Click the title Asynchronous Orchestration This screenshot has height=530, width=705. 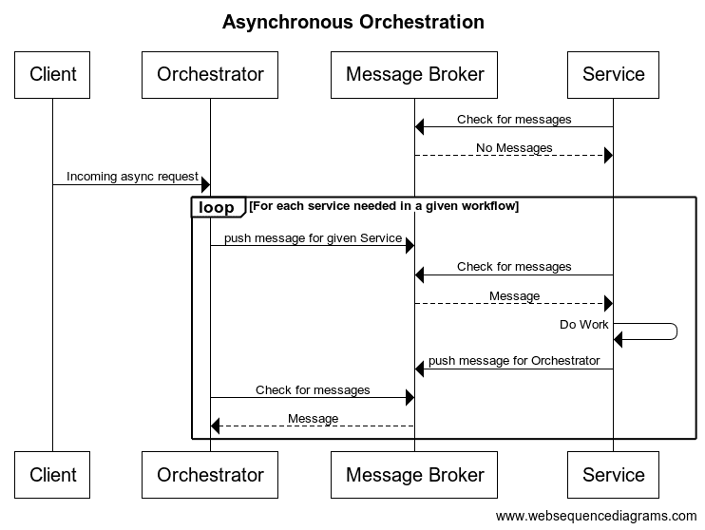pyautogui.click(x=352, y=22)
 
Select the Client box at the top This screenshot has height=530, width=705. pyautogui.click(x=52, y=74)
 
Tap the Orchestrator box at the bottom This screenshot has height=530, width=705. pyautogui.click(x=210, y=475)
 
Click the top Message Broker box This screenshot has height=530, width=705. pyautogui.click(x=414, y=74)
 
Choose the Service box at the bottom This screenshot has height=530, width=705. pyautogui.click(x=613, y=475)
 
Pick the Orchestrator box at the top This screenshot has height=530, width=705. pyautogui.click(x=210, y=74)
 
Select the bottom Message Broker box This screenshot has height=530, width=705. pyautogui.click(x=414, y=475)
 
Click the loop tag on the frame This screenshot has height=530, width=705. pyautogui.click(x=217, y=207)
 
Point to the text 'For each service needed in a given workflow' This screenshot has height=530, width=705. pyautogui.click(x=384, y=206)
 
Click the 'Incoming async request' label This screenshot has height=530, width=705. pyautogui.click(x=132, y=177)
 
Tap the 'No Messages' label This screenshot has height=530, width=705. pyautogui.click(x=514, y=148)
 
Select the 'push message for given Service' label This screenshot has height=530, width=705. pyautogui.click(x=313, y=238)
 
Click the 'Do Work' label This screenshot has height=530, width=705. pyautogui.click(x=583, y=325)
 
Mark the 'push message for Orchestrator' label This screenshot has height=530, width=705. pyautogui.click(x=514, y=361)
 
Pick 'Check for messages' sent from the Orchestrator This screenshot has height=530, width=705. pyautogui.click(x=313, y=390)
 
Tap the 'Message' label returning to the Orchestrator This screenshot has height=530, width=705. pyautogui.click(x=313, y=419)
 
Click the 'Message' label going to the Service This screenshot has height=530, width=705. pyautogui.click(x=514, y=296)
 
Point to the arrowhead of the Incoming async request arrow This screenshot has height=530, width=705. pyautogui.click(x=204, y=184)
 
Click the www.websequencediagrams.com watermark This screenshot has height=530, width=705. pyautogui.click(x=596, y=516)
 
